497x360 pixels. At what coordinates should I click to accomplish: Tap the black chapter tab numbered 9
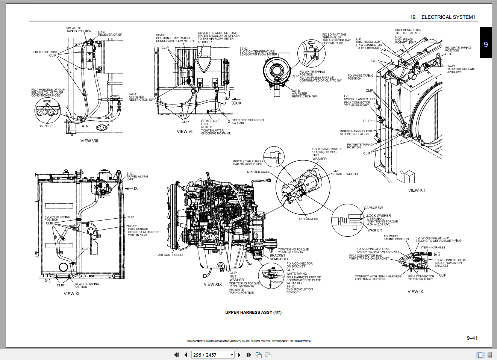coord(486,44)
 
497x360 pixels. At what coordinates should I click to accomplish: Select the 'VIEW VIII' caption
coord(89,141)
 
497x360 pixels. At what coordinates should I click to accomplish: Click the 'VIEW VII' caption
coord(185,132)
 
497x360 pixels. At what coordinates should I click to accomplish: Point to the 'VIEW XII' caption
coord(416,190)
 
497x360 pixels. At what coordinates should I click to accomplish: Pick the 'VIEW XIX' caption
coord(213,284)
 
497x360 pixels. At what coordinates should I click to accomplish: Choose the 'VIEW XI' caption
coord(71,294)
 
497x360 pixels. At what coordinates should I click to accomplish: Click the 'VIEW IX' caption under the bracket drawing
coord(415,292)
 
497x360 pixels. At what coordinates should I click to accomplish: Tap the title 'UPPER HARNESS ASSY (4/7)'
coord(253,312)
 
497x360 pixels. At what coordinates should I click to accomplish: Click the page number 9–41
coord(472,338)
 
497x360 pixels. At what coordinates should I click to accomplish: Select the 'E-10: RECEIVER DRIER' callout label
coord(110,33)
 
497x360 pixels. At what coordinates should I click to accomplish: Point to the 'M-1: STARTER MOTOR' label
coord(345,173)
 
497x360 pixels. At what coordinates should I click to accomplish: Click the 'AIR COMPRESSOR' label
coord(171,255)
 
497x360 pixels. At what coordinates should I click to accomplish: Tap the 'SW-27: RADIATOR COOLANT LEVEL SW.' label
coord(461,69)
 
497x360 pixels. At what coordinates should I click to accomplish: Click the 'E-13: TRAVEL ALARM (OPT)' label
coord(137,177)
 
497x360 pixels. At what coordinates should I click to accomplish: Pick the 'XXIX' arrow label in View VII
coord(236,103)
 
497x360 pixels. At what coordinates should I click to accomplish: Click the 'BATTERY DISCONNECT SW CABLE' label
coord(247,121)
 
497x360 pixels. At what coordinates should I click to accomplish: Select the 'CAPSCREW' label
coord(373,208)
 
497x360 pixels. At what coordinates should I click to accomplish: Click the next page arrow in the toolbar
coord(239,355)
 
